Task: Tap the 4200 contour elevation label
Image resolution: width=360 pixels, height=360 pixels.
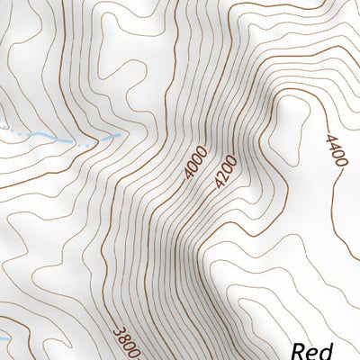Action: pyautogui.click(x=225, y=171)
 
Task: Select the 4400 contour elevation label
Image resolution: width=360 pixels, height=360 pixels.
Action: pyautogui.click(x=336, y=148)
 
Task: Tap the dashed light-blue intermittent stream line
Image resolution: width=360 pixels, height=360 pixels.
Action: pyautogui.click(x=63, y=139)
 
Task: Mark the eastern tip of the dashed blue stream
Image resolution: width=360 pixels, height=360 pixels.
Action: pyautogui.click(x=118, y=136)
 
